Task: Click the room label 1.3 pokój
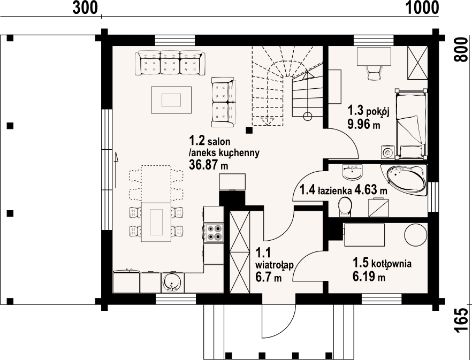tap(368, 111)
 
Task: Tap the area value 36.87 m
tap(208, 165)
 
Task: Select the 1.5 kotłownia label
tap(382, 263)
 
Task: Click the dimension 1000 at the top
tap(422, 7)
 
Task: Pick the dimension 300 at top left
tap(85, 7)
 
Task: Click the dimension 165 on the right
tap(461, 320)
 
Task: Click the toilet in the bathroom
tap(345, 206)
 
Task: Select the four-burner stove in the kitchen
tap(214, 233)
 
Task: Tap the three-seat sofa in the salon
tap(170, 63)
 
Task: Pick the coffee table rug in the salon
tap(171, 100)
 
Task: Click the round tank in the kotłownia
tap(416, 235)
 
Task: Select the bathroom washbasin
tap(352, 172)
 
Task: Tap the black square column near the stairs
tap(249, 130)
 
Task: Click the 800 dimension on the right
tap(461, 50)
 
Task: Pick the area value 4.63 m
tap(371, 190)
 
